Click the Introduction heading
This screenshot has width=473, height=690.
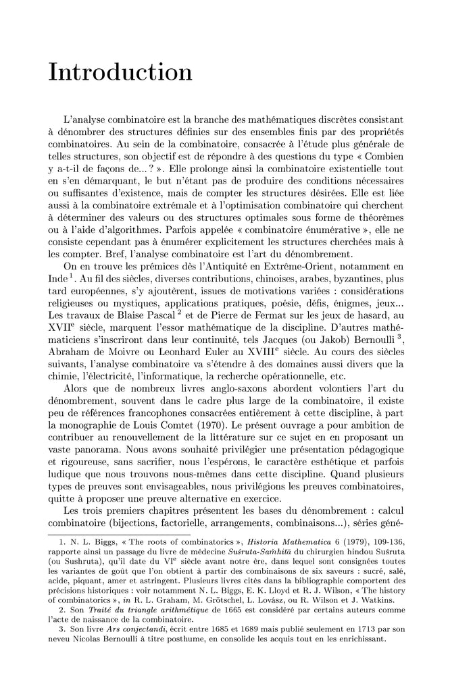point(120,72)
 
